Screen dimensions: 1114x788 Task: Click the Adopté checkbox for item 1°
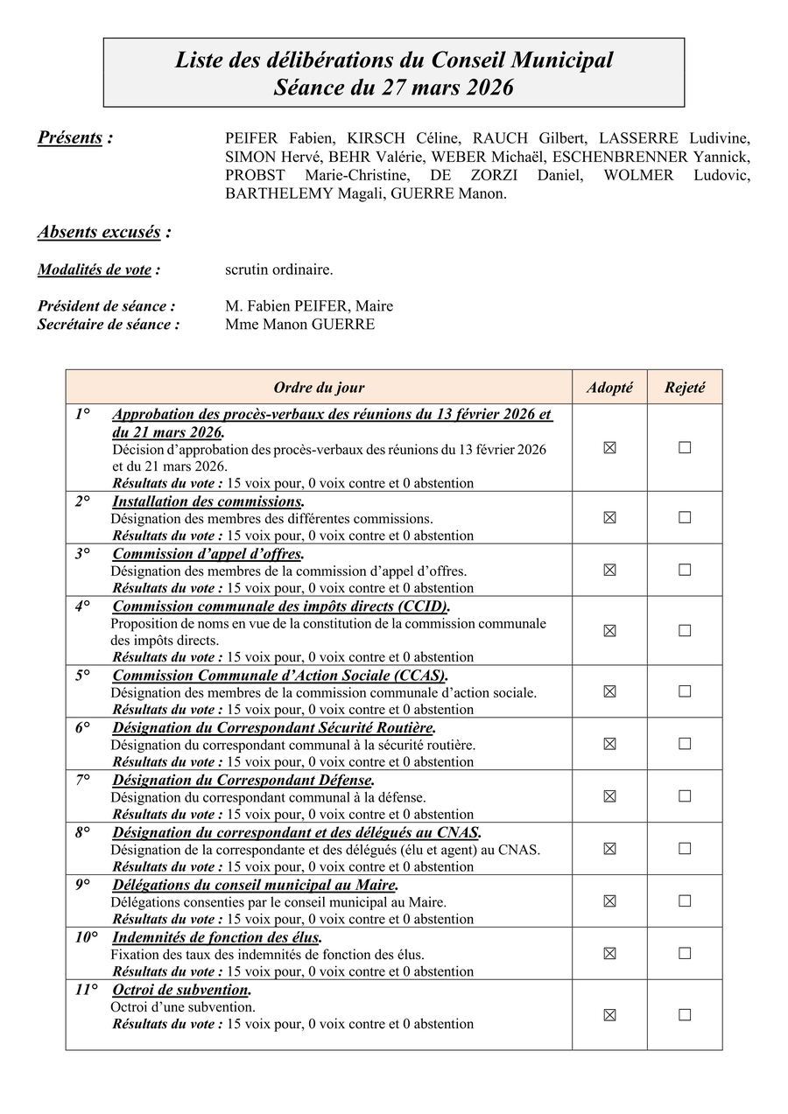(x=609, y=447)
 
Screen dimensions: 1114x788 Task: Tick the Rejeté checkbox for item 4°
(x=685, y=630)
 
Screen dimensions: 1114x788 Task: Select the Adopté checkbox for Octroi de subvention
(x=609, y=1014)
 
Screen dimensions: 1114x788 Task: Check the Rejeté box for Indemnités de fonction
(x=685, y=953)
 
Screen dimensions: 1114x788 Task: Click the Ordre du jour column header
(x=319, y=387)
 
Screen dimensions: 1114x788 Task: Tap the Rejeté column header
(x=685, y=387)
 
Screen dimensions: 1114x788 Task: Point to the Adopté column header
(x=609, y=387)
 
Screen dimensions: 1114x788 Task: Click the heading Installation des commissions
(x=208, y=501)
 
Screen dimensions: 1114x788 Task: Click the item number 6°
(x=83, y=727)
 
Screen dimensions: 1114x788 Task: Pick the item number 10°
(x=86, y=937)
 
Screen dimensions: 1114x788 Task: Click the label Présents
(x=70, y=137)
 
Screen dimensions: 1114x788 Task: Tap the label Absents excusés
(x=99, y=232)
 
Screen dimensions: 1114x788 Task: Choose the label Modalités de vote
(x=95, y=270)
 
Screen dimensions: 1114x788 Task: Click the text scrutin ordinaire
(x=278, y=270)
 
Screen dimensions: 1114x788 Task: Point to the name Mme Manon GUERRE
(x=299, y=324)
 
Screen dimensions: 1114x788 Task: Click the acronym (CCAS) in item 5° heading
(x=420, y=676)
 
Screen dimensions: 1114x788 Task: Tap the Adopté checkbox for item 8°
(x=609, y=848)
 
